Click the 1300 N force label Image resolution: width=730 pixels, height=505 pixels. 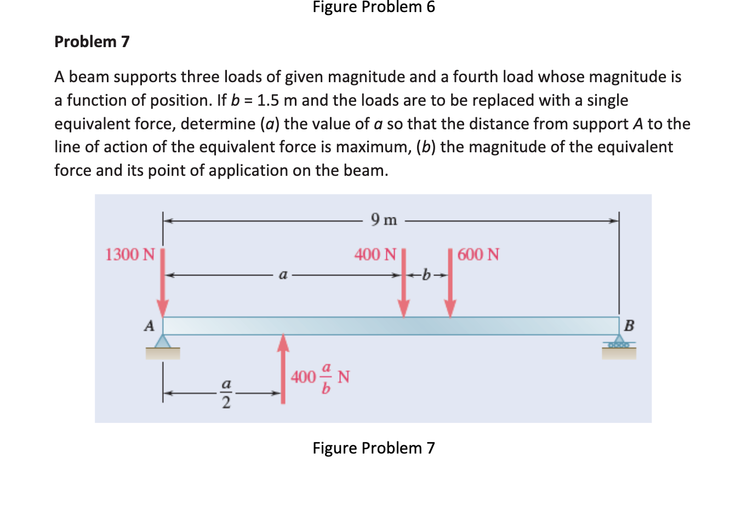pyautogui.click(x=130, y=255)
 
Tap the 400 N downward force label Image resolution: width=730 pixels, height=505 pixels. pyautogui.click(x=375, y=255)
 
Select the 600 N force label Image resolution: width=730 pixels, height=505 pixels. pyautogui.click(x=478, y=255)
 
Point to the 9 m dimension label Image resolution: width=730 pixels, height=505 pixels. pyautogui.click(x=384, y=220)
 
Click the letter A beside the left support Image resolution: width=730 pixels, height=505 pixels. pyautogui.click(x=148, y=326)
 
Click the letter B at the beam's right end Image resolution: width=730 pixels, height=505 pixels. pyautogui.click(x=629, y=326)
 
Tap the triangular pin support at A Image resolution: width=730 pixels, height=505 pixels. pyautogui.click(x=162, y=341)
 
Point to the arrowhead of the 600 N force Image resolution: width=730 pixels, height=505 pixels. pyautogui.click(x=450, y=308)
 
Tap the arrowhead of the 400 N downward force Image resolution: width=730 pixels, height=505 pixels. pyautogui.click(x=404, y=308)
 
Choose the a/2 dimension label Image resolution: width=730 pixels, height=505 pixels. pyautogui.click(x=225, y=393)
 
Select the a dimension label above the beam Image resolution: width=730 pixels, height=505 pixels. pyautogui.click(x=283, y=275)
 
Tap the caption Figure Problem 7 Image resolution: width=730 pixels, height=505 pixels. pyautogui.click(x=373, y=448)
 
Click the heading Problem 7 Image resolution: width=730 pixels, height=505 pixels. pyautogui.click(x=92, y=42)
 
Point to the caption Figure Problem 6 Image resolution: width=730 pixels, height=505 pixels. pyautogui.click(x=373, y=7)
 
